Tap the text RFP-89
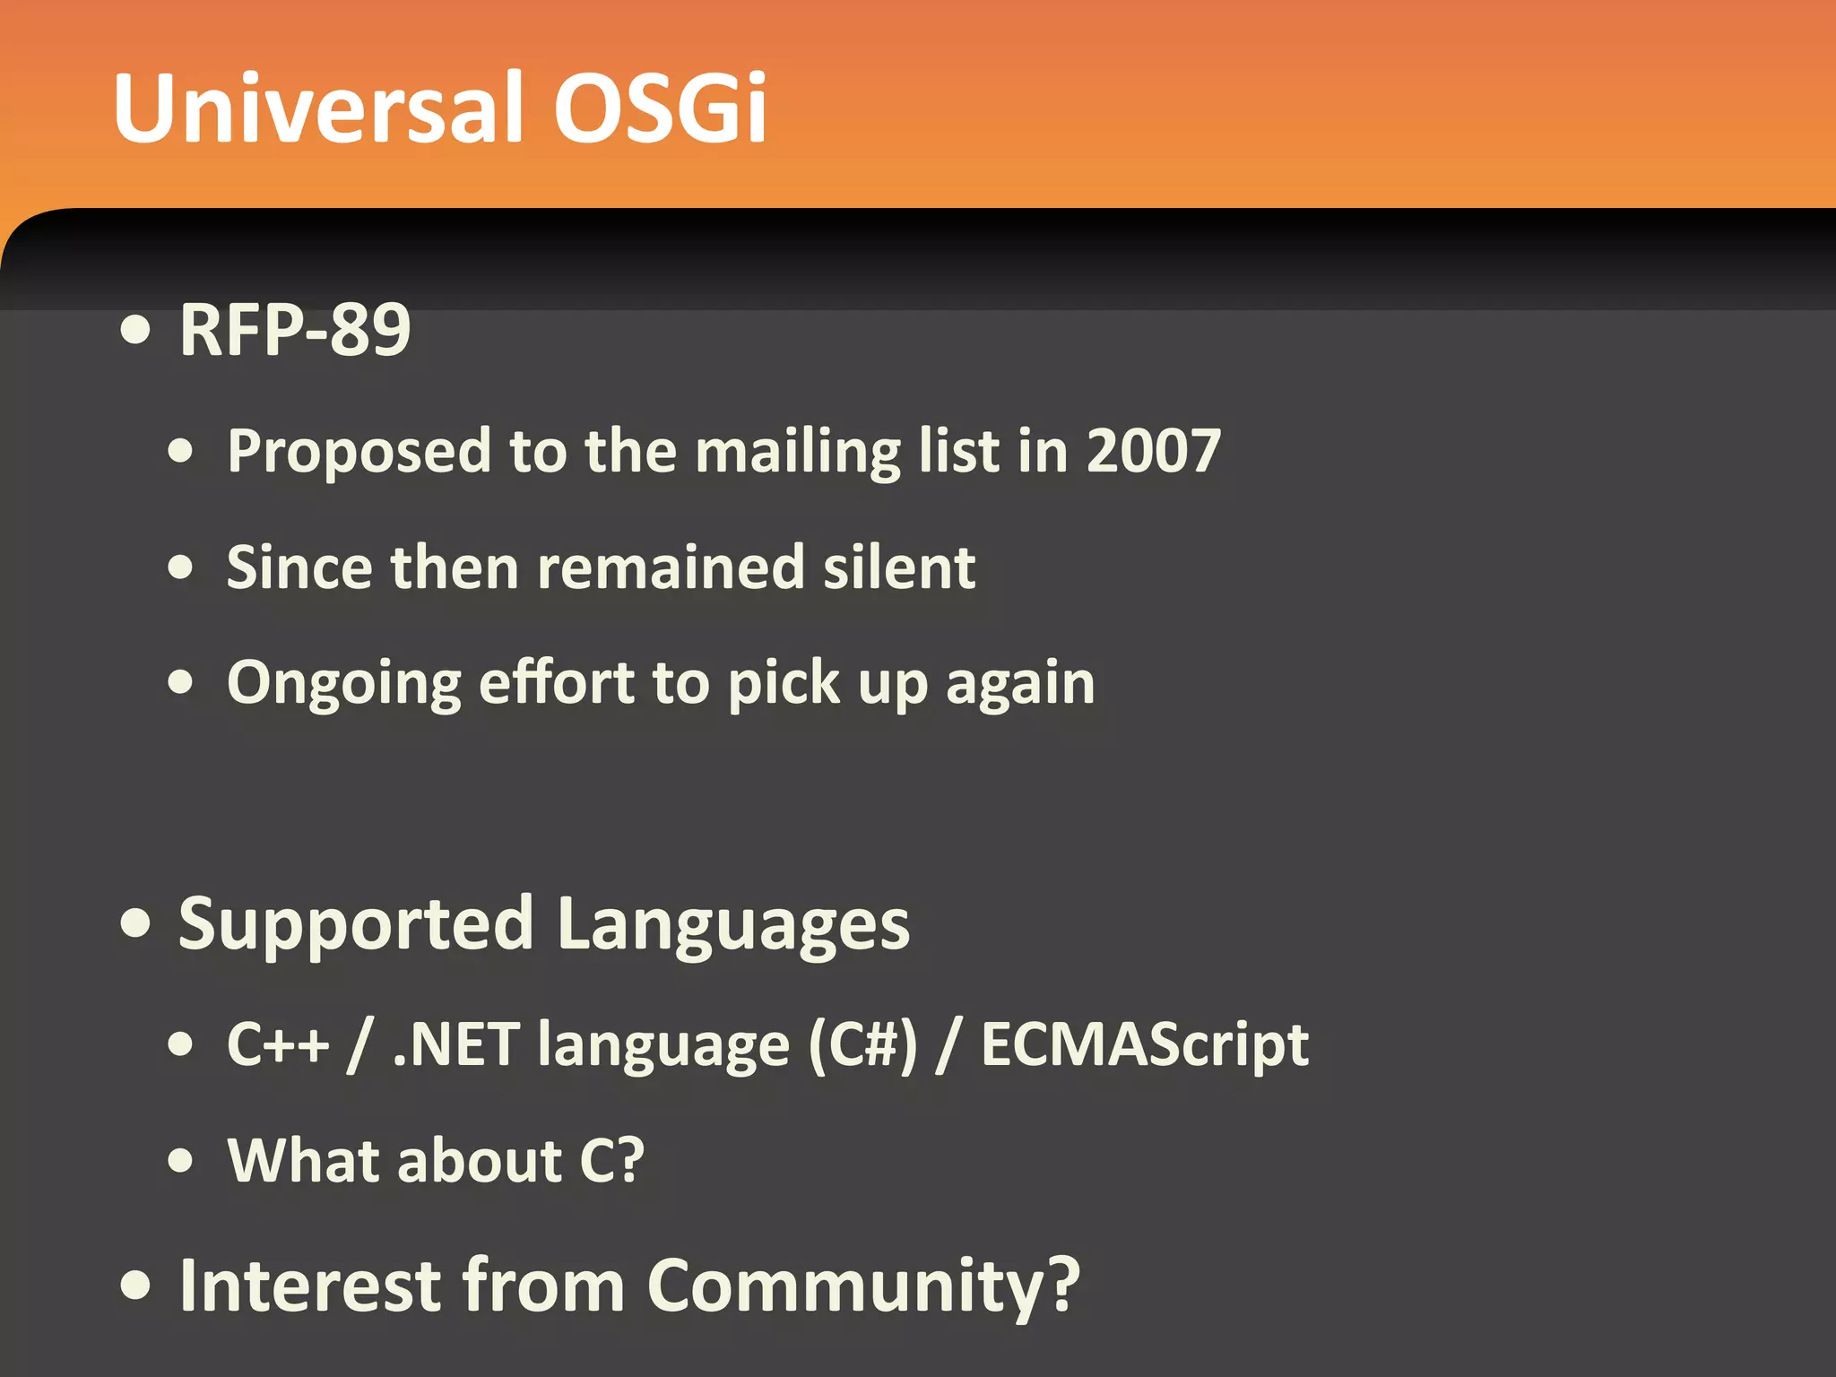295,330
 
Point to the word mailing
797,452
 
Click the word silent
898,567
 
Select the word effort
556,683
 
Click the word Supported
356,926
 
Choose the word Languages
732,926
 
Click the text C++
278,1044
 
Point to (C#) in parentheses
862,1045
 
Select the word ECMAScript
1144,1045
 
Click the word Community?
862,1286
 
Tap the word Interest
310,1285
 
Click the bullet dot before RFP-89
136,330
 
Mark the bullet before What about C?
181,1160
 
